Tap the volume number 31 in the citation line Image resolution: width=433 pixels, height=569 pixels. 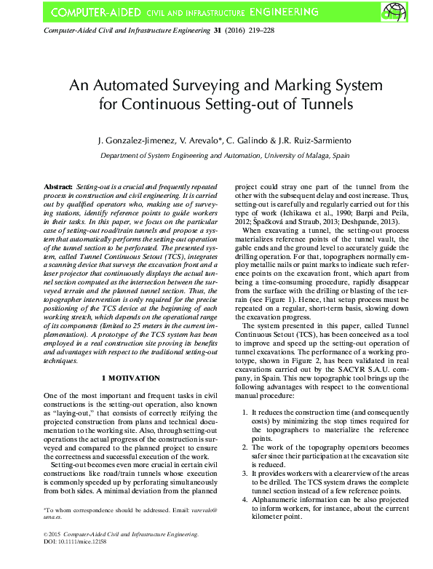[216, 33]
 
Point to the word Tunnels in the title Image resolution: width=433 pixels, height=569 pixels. [327, 103]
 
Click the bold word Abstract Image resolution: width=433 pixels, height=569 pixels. [57, 188]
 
